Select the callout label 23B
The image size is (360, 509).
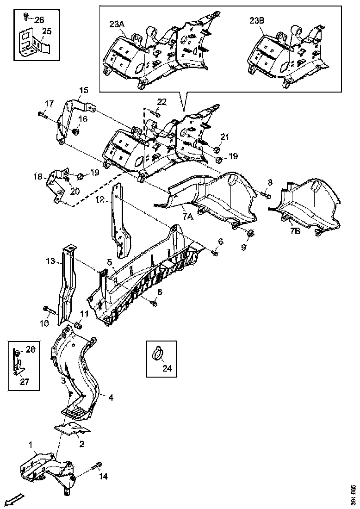click(257, 20)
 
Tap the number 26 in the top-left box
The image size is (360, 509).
click(39, 19)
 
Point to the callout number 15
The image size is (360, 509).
click(83, 90)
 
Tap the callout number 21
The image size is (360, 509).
click(224, 137)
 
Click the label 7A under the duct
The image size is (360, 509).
click(188, 216)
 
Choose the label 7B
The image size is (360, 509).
click(295, 231)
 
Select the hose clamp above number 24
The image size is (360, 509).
click(157, 354)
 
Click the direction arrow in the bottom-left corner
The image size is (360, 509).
click(15, 499)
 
